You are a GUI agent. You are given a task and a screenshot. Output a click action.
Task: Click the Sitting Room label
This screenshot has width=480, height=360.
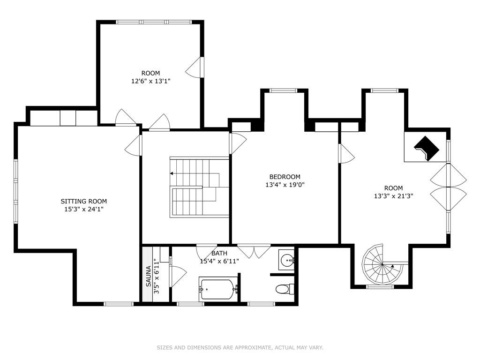83,201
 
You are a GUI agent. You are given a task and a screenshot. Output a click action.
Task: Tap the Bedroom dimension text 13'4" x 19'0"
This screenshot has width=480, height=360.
285,185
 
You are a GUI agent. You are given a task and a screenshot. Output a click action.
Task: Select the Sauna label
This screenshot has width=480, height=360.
148,277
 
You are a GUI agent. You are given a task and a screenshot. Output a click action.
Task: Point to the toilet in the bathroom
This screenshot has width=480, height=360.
285,289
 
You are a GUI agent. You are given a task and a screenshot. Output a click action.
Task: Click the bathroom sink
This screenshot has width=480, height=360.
286,261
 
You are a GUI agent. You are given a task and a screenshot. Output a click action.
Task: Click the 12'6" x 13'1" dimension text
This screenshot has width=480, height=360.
150,81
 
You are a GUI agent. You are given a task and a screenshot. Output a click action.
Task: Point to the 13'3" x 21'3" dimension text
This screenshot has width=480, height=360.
394,196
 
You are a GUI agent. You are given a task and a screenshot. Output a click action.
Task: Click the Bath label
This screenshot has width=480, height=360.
219,254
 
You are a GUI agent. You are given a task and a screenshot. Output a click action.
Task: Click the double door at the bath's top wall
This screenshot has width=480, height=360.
254,251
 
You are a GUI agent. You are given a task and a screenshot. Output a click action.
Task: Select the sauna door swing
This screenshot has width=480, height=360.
178,277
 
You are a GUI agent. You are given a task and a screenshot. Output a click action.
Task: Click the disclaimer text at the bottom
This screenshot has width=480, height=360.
240,347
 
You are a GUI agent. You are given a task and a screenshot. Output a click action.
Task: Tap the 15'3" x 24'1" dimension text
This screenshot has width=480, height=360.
83,210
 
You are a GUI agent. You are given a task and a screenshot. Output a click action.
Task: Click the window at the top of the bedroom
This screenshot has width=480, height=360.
283,90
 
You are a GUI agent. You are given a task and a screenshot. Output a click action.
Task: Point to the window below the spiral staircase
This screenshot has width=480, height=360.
380,286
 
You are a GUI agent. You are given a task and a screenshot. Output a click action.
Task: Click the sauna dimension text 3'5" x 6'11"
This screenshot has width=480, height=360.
157,277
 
